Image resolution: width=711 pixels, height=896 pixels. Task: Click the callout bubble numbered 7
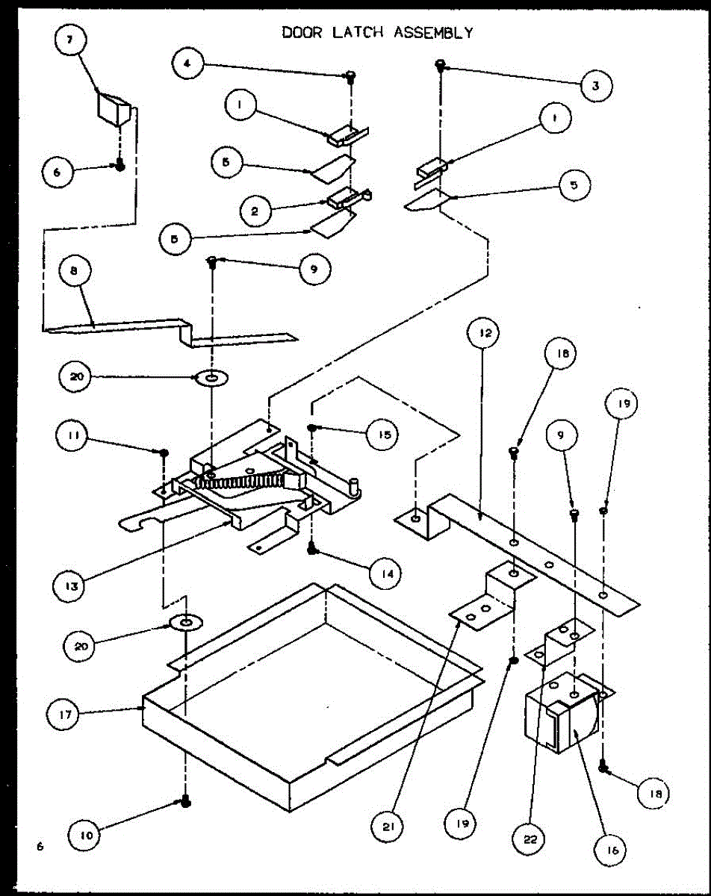click(x=71, y=42)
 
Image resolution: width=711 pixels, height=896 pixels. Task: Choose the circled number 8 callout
click(x=73, y=273)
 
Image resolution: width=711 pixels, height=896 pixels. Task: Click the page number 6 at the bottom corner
click(x=39, y=846)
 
